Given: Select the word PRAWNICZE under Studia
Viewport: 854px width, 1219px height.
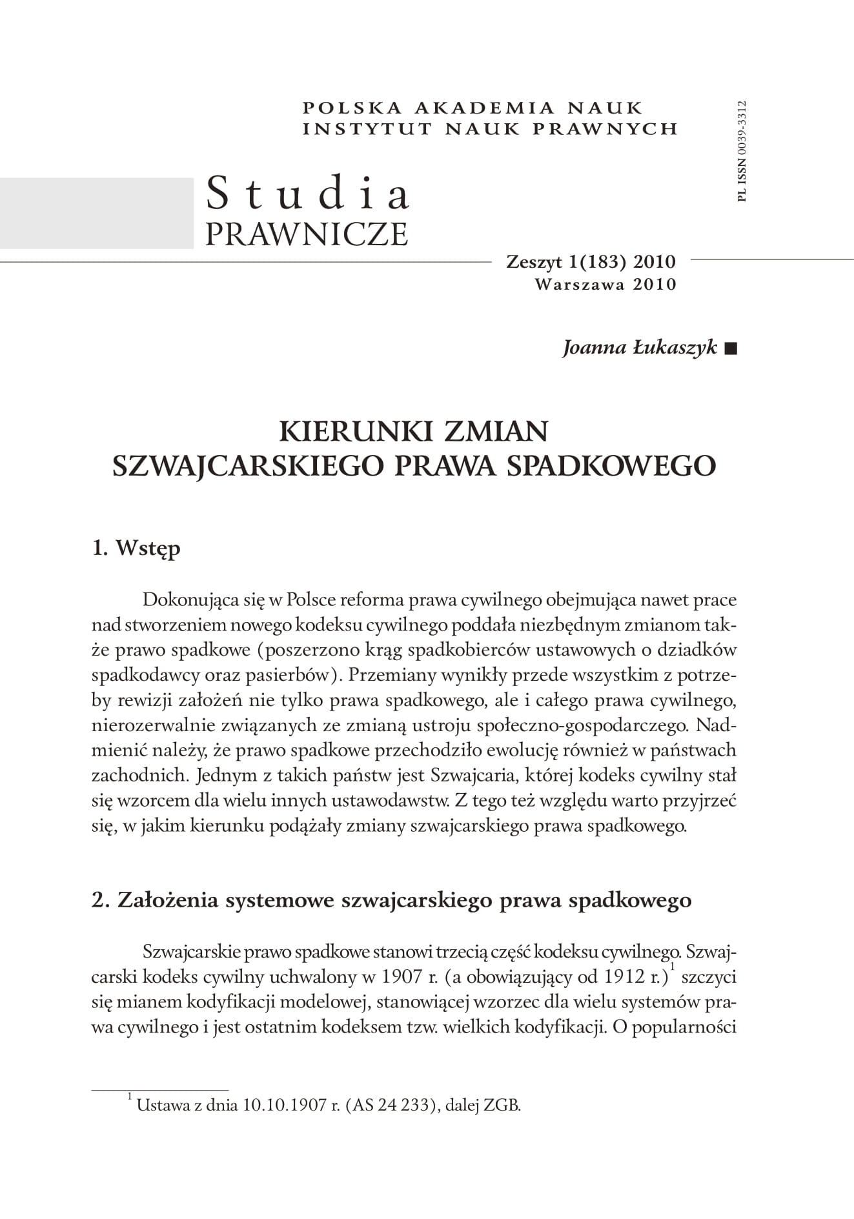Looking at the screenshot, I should click(x=307, y=234).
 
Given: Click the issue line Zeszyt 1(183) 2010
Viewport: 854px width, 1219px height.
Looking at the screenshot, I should click(x=591, y=262).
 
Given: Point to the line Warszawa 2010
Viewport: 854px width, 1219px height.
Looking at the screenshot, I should click(x=605, y=284).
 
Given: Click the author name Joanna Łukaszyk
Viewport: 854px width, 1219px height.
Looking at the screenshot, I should click(x=640, y=348).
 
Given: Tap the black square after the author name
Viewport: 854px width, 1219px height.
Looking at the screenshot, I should click(x=730, y=349).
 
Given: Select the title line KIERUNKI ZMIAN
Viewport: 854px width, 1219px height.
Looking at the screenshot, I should click(x=414, y=431).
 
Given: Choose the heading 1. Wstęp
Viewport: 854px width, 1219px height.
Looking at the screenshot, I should click(x=136, y=549).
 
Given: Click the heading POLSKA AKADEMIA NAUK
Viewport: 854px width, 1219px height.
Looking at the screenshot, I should click(x=473, y=108).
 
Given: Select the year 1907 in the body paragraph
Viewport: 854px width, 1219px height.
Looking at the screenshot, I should click(x=402, y=977).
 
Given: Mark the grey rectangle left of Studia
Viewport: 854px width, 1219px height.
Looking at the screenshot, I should click(x=97, y=212).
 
